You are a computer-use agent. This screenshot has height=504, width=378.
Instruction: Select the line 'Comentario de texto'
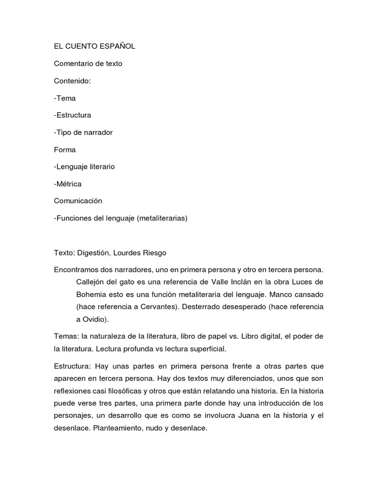(x=88, y=63)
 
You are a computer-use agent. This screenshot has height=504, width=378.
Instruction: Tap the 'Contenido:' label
(x=72, y=81)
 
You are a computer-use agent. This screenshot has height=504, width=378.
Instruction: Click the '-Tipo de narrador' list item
(x=83, y=132)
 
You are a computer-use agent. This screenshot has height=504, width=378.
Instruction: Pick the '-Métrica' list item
(x=67, y=184)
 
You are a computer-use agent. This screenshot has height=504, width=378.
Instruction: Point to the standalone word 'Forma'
(x=65, y=150)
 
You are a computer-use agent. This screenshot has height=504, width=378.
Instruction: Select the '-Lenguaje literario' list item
(x=84, y=167)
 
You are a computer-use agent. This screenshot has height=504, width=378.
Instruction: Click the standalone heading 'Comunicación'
(x=78, y=201)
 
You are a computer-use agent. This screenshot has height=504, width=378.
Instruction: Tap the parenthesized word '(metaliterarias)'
(x=162, y=218)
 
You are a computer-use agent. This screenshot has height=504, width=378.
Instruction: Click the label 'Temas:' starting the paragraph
(x=66, y=337)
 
